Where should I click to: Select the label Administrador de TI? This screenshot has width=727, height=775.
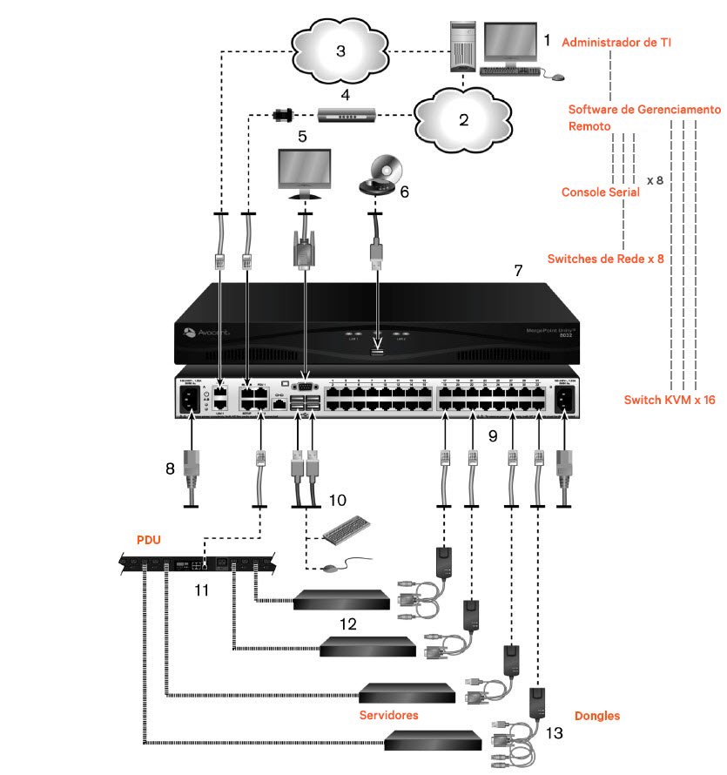point(629,42)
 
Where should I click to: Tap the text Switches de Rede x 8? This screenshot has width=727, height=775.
point(606,259)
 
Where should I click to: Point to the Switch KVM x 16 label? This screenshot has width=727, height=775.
point(670,400)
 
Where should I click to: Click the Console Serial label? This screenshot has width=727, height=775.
point(601,192)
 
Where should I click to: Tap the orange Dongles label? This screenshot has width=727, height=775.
point(597,716)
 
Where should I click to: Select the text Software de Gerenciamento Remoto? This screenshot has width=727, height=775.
point(644,118)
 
